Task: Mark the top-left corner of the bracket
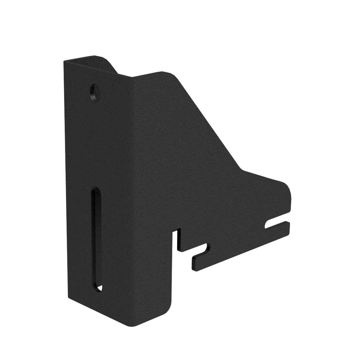click(x=65, y=61)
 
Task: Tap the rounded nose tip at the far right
click(x=288, y=189)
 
